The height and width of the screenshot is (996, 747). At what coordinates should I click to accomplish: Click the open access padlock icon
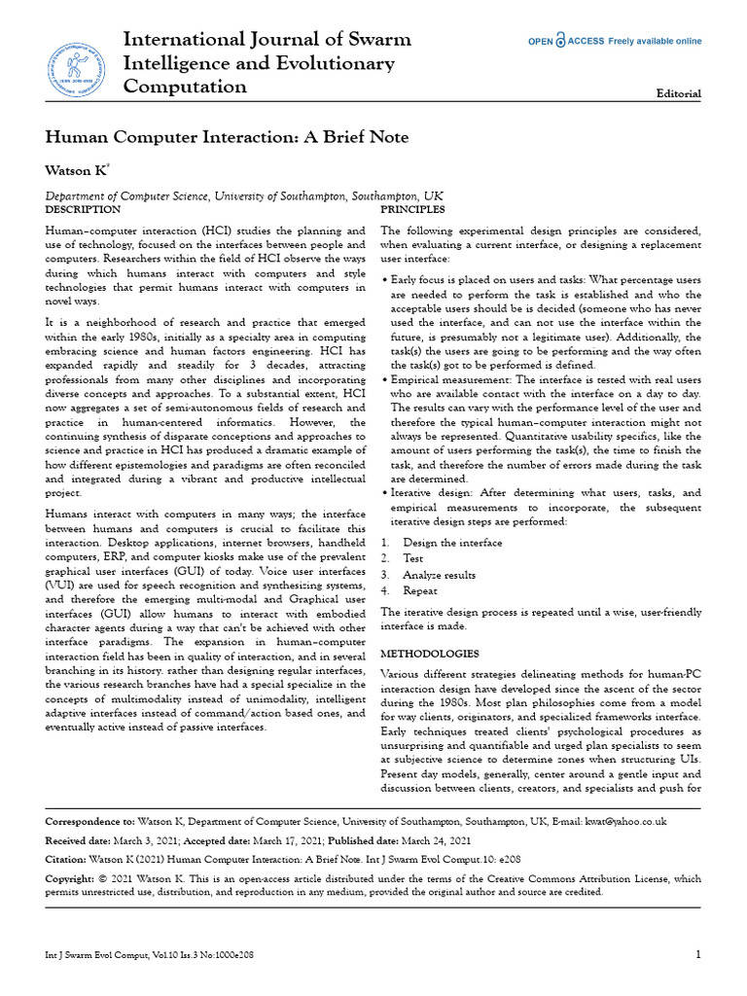click(x=560, y=42)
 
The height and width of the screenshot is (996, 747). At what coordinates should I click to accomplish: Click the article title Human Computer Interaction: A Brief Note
click(x=228, y=137)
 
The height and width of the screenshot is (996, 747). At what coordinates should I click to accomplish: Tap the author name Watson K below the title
click(x=76, y=170)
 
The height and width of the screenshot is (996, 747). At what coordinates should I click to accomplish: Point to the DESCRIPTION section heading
click(x=84, y=209)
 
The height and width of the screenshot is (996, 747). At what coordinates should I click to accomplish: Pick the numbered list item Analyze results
click(x=440, y=574)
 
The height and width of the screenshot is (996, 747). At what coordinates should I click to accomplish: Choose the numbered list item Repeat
click(x=420, y=590)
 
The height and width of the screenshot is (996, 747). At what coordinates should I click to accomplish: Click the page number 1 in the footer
click(x=698, y=954)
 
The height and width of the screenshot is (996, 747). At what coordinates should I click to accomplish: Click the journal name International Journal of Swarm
click(x=267, y=40)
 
